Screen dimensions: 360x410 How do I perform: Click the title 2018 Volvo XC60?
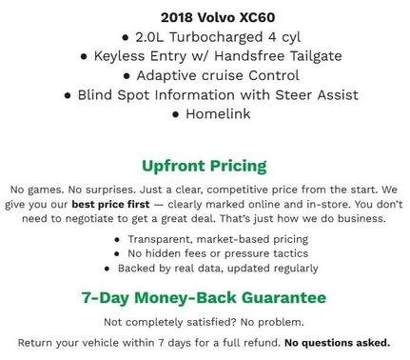(204, 16)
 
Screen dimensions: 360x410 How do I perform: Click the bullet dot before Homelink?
(176, 115)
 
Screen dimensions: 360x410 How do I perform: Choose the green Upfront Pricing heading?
(204, 165)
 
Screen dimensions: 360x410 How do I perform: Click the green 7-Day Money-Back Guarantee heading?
(204, 297)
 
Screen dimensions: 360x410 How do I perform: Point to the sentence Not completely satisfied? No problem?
(204, 322)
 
